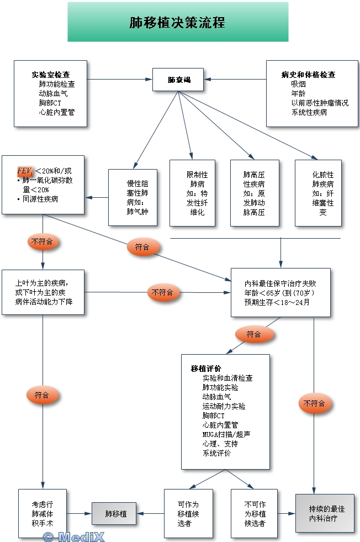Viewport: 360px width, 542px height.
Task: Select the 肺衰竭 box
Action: tap(179, 80)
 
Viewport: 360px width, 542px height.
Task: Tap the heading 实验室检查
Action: tap(50, 75)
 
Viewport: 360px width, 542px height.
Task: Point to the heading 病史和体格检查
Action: tap(308, 75)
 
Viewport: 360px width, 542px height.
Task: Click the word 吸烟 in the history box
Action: tap(298, 84)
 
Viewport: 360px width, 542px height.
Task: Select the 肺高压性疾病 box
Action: tap(254, 193)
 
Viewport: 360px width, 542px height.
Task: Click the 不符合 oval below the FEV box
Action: tap(44, 241)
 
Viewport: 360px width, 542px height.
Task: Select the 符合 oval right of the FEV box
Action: tap(142, 247)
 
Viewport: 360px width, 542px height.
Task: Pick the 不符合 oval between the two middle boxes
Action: tap(162, 292)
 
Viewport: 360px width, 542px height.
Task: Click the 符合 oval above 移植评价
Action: tap(253, 334)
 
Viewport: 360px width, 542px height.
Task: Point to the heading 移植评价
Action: tap(206, 369)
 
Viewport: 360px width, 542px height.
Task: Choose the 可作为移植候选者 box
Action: tap(188, 513)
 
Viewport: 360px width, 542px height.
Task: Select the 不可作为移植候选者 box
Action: tap(255, 513)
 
